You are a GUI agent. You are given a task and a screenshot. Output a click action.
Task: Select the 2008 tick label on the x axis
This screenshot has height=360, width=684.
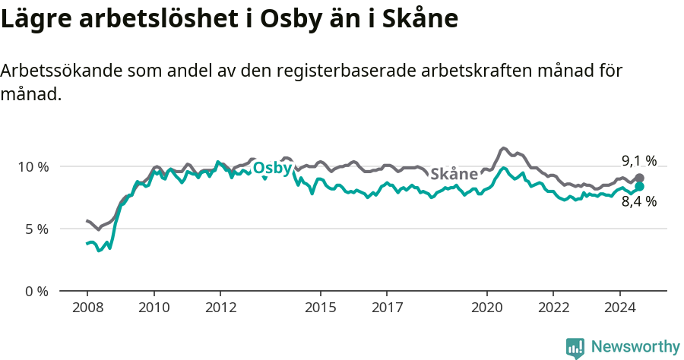[x=87, y=308]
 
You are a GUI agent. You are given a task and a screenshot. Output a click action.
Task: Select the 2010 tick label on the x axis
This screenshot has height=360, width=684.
[x=154, y=308]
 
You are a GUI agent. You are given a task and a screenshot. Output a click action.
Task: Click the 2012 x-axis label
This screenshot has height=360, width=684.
[x=220, y=308]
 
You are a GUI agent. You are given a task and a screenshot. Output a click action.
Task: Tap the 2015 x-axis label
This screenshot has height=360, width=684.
[x=320, y=308]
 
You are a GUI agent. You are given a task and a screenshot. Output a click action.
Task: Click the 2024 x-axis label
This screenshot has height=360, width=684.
[x=619, y=308]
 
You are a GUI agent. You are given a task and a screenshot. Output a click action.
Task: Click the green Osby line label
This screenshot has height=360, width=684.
[x=272, y=168]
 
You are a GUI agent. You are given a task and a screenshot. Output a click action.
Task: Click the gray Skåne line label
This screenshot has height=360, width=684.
[x=454, y=173]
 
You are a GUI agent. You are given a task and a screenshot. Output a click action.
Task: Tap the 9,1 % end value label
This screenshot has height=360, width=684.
[x=638, y=160]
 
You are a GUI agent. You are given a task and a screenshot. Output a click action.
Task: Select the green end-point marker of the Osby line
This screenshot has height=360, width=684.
[x=640, y=186]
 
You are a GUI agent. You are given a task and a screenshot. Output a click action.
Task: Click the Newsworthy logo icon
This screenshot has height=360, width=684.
[x=575, y=348]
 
